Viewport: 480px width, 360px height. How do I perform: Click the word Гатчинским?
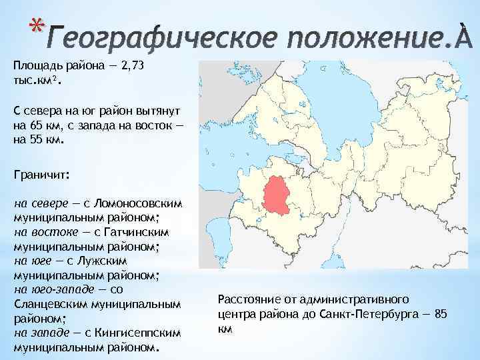click(x=134, y=232)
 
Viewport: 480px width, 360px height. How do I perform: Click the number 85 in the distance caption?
click(x=441, y=314)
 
